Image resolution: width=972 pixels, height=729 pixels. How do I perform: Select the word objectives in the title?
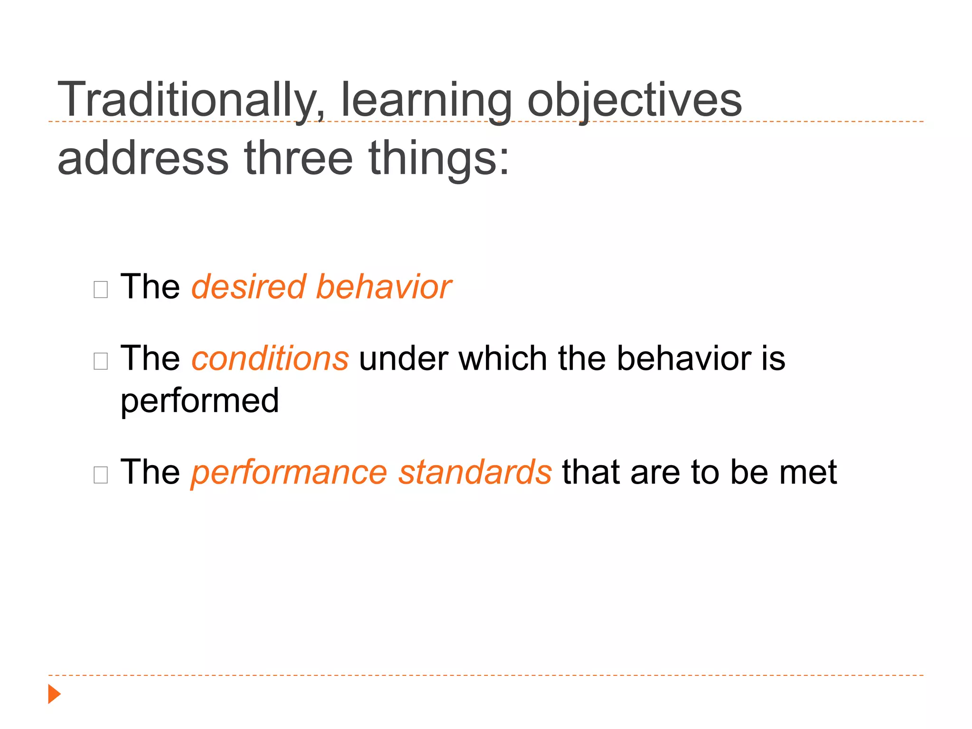point(634,101)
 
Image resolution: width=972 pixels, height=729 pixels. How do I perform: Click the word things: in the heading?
point(439,159)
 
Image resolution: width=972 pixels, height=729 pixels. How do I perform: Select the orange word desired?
point(248,287)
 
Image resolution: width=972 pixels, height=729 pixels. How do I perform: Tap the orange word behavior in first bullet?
point(383,287)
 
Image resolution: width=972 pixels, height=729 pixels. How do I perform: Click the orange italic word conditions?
point(270,358)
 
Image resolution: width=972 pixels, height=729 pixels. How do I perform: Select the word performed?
point(199,401)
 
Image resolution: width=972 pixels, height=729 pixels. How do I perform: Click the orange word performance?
point(289,473)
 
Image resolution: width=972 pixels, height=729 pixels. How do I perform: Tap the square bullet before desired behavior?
point(101,289)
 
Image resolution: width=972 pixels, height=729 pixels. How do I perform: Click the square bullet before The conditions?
point(101,361)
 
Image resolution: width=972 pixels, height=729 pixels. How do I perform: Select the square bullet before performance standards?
point(101,475)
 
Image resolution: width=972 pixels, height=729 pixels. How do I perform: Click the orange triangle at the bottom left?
point(54,694)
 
